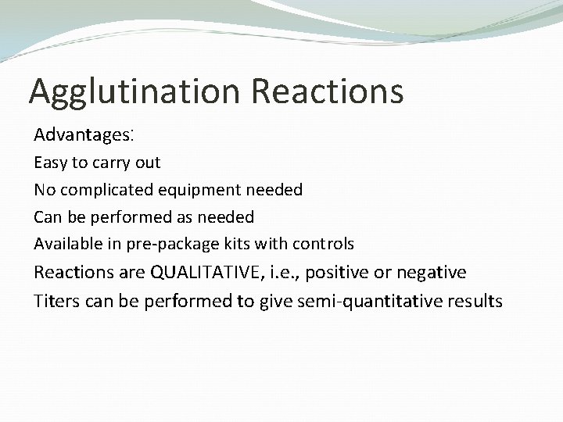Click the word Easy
(x=49, y=163)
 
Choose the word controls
(x=323, y=244)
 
